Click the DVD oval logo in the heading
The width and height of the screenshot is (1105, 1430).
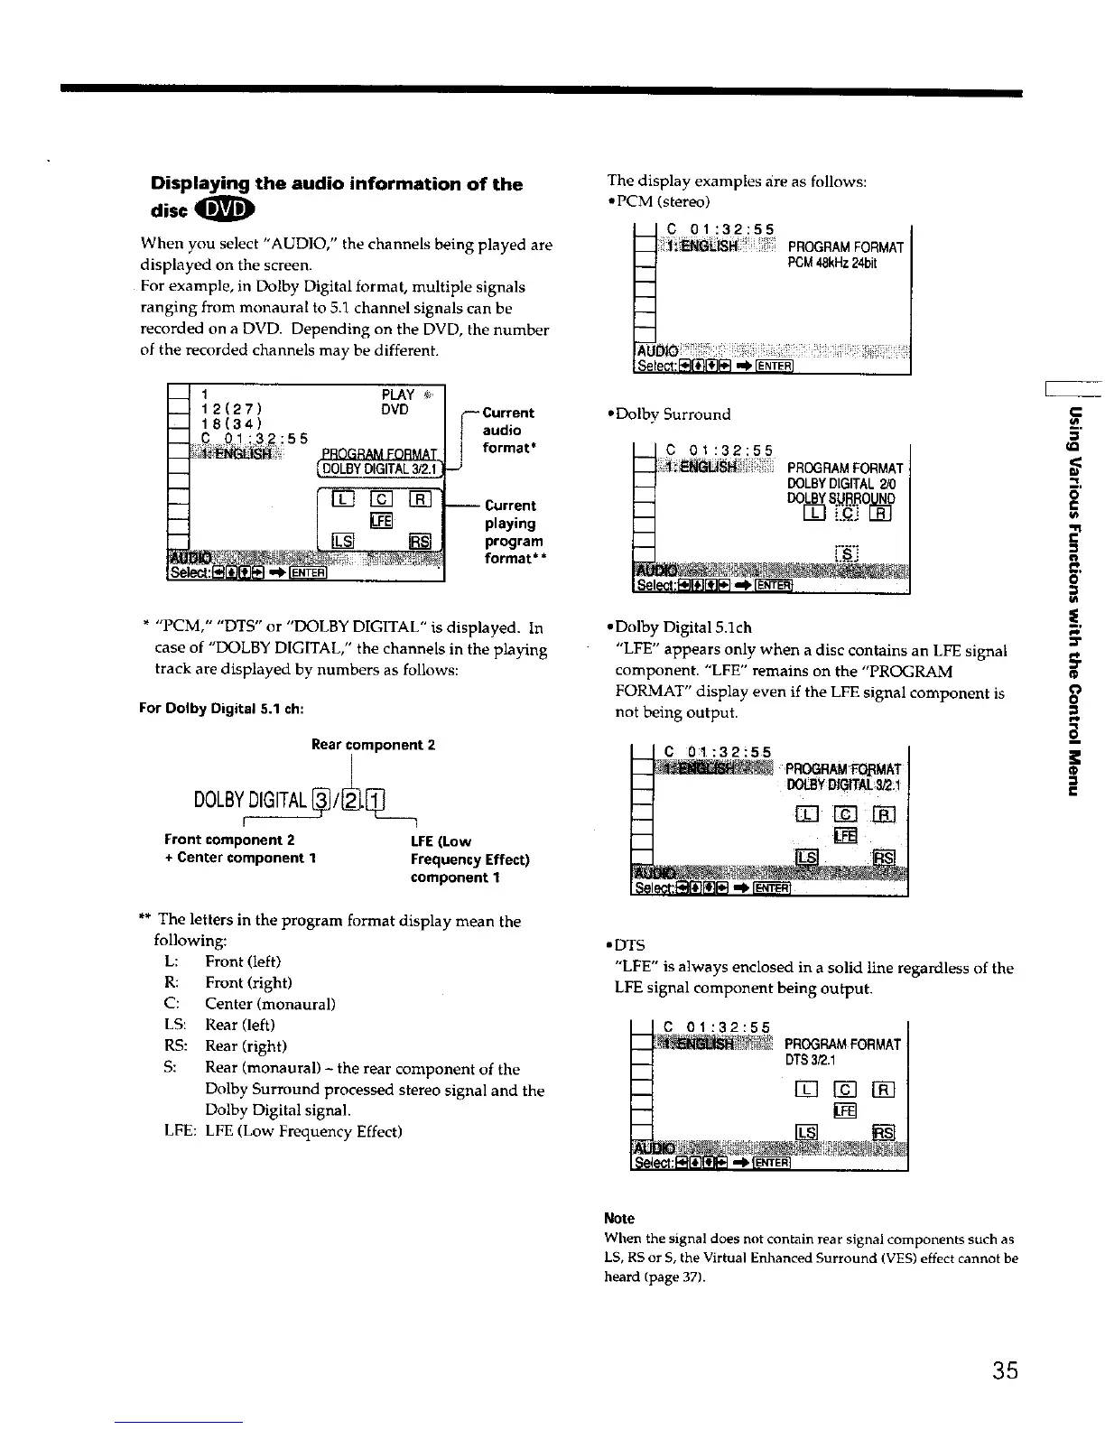tap(231, 209)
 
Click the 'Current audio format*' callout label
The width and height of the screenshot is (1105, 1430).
tap(508, 430)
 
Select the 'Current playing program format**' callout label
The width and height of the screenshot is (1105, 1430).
tap(514, 532)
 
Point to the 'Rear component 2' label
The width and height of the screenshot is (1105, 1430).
tap(373, 745)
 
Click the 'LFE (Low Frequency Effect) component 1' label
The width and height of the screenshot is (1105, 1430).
tap(469, 859)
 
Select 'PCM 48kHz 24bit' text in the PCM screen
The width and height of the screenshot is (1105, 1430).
tap(831, 264)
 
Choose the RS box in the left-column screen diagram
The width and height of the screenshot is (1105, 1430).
tap(420, 541)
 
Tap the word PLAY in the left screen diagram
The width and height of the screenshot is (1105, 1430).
tap(398, 395)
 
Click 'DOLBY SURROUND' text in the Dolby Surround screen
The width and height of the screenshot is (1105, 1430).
tap(840, 497)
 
